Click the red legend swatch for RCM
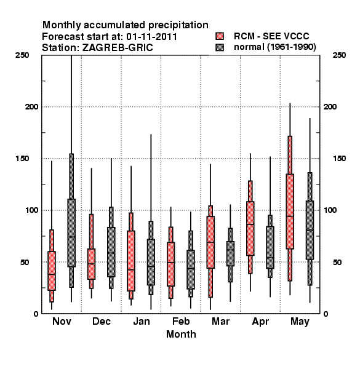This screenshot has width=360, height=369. (x=220, y=36)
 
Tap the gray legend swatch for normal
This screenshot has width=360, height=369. (x=220, y=47)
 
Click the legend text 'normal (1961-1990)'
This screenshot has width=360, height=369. (x=274, y=47)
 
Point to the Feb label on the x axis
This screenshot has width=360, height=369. (x=181, y=321)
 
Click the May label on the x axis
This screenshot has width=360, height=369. (x=300, y=322)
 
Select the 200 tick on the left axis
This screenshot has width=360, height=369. (x=31, y=107)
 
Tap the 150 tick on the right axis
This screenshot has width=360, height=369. (x=339, y=159)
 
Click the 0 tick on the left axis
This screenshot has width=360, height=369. (x=36, y=314)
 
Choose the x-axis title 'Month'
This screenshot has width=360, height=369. (x=181, y=334)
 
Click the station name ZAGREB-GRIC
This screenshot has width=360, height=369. (x=118, y=48)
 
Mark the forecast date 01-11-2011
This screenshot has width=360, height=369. (x=151, y=37)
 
